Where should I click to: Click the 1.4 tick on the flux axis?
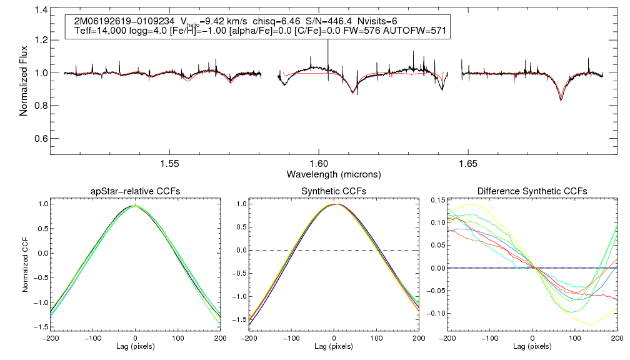[x=40, y=10]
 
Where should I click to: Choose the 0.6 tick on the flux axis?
[x=40, y=138]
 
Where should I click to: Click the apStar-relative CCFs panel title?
[x=135, y=191]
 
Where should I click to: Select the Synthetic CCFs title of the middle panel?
[x=333, y=191]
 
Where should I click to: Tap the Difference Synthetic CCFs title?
[x=532, y=191]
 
